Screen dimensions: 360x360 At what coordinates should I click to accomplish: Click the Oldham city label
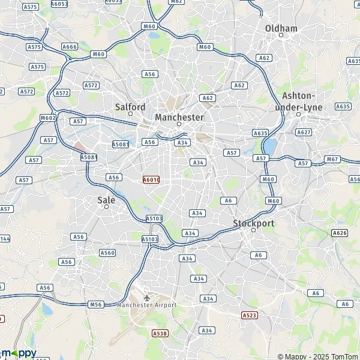click(281, 28)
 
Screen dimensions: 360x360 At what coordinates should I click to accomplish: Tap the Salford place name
click(130, 107)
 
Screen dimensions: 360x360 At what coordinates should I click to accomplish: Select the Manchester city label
click(179, 117)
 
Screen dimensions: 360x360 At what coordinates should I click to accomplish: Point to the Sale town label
click(106, 200)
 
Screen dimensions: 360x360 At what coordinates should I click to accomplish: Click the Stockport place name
click(253, 223)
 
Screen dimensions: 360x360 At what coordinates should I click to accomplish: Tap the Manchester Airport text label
click(147, 305)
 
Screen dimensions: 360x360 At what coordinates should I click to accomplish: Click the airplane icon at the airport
click(147, 297)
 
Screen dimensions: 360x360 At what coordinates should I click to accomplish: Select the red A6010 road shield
click(151, 179)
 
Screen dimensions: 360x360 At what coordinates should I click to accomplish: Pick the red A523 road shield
click(249, 315)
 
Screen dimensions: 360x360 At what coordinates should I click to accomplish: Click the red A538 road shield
click(160, 333)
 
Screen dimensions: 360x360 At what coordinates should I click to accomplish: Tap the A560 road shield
click(107, 253)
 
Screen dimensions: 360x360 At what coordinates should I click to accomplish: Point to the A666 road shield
click(70, 47)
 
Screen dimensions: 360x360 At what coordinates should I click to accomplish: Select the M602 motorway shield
click(48, 118)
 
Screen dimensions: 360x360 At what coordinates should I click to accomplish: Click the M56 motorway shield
click(95, 304)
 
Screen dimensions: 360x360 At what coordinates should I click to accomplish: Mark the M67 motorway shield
click(332, 159)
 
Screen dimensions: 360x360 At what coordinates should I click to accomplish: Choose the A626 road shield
click(340, 232)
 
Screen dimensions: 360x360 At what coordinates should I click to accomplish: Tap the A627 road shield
click(304, 132)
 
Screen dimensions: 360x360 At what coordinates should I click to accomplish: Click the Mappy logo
click(18, 353)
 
